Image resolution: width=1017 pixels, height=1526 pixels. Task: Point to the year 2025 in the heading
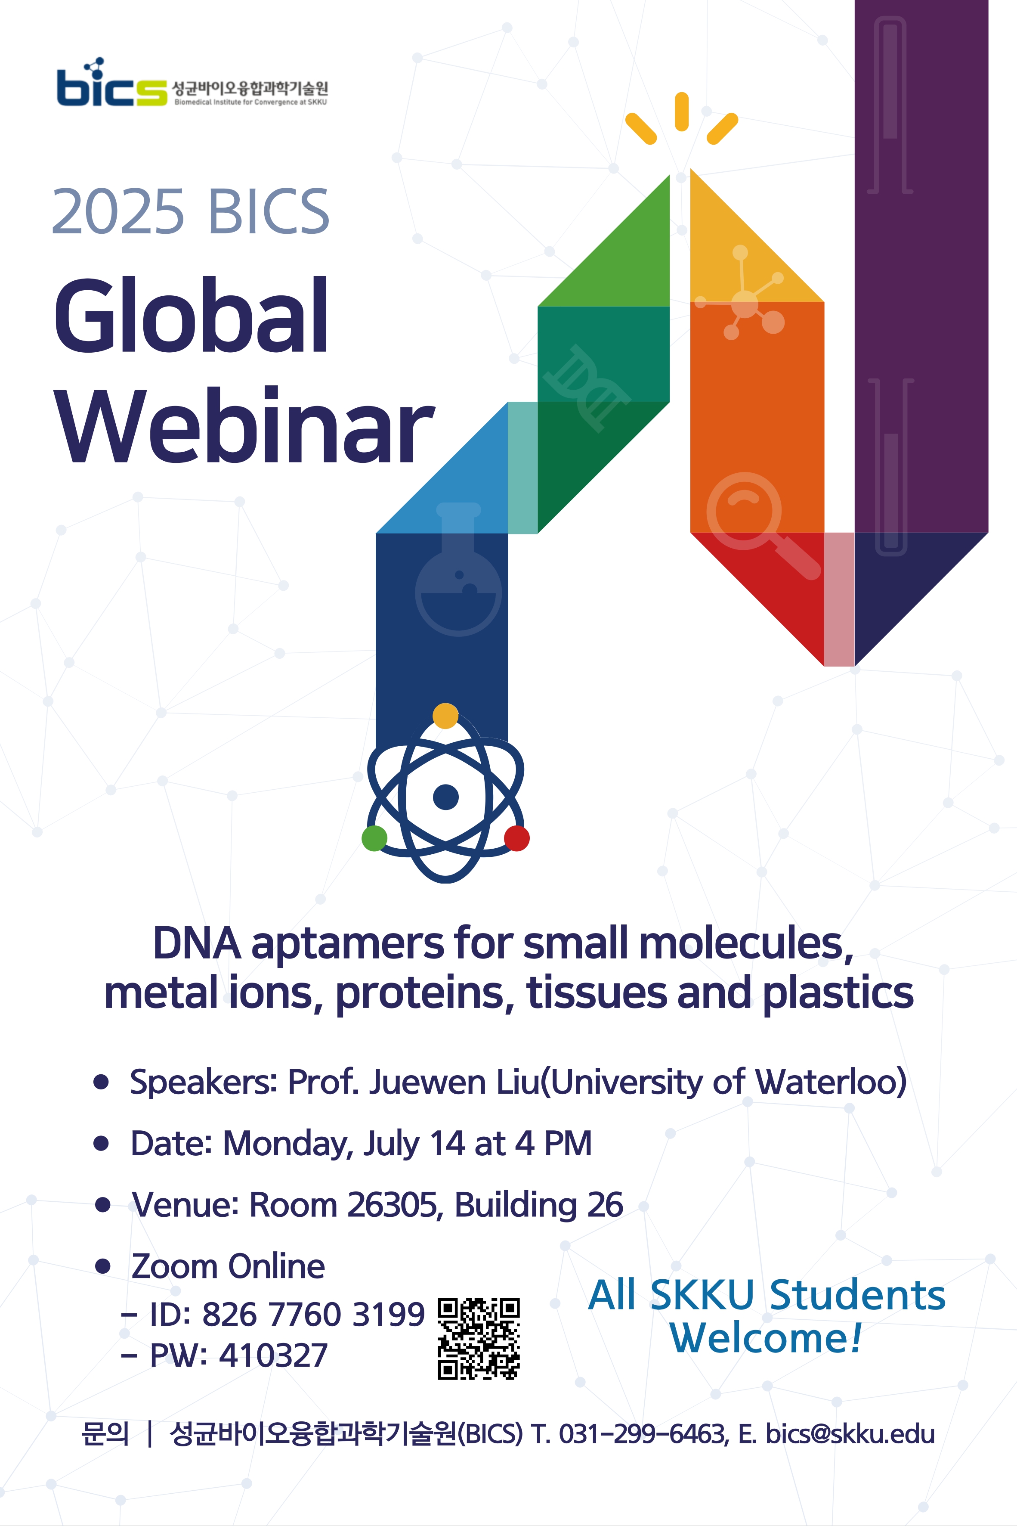[x=118, y=212]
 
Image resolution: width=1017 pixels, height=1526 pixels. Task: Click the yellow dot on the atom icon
[x=445, y=716]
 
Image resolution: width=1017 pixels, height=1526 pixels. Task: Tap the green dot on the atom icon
[x=374, y=838]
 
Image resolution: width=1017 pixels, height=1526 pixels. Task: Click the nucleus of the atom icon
[x=445, y=797]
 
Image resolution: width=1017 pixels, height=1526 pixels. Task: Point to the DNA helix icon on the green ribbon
[x=586, y=388]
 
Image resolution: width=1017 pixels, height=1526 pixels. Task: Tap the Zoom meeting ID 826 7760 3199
[x=313, y=1315]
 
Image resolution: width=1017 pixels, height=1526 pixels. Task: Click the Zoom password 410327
[x=273, y=1355]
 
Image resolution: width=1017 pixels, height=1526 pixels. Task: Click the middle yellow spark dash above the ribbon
[x=681, y=112]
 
